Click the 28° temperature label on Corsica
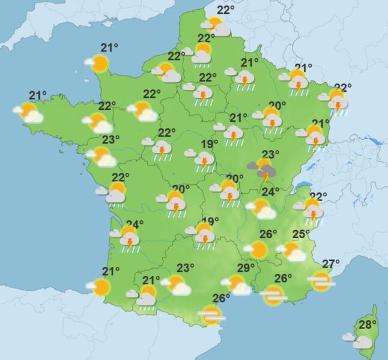(367, 325)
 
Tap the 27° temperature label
(331, 263)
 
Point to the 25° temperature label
(300, 234)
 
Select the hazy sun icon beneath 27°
(321, 281)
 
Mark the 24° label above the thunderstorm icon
(135, 225)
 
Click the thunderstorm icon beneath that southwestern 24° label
(128, 238)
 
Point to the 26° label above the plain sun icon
(268, 234)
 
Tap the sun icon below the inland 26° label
(258, 249)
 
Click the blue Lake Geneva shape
(306, 185)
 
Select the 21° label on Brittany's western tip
(38, 95)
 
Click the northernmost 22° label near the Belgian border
(225, 10)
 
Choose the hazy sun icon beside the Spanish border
(211, 314)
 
